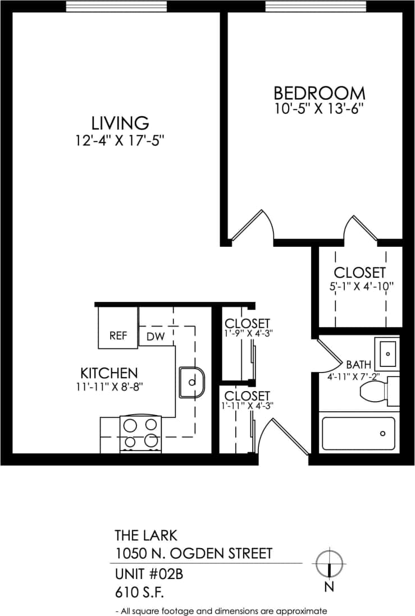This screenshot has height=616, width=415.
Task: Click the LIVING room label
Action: [x=120, y=123]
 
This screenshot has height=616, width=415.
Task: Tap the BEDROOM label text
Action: [x=319, y=93]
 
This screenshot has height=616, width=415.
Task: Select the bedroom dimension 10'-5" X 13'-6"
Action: [x=318, y=108]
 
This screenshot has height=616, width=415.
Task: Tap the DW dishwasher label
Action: [x=155, y=337]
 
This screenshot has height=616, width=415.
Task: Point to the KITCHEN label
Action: [x=109, y=373]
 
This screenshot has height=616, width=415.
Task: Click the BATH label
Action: [x=358, y=364]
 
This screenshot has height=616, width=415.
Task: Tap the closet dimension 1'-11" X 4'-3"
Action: [x=247, y=406]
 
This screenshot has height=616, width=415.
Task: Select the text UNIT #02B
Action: [x=149, y=574]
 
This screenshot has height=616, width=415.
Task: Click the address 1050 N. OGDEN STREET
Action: [x=193, y=554]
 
